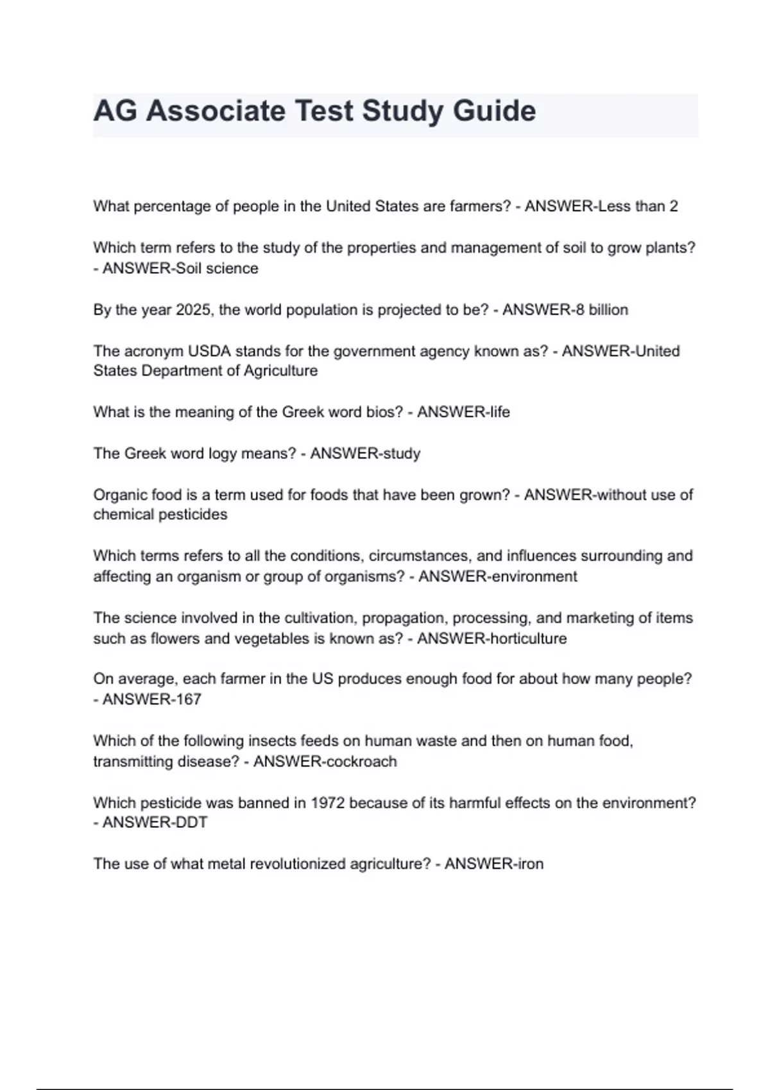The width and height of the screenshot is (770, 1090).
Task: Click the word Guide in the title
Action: click(x=494, y=111)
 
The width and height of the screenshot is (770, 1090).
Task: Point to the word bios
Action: click(x=384, y=412)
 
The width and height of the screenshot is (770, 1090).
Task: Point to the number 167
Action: click(x=188, y=700)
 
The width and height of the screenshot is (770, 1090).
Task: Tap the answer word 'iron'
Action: click(x=530, y=864)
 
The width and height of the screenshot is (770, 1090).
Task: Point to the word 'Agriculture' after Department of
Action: click(x=280, y=371)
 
